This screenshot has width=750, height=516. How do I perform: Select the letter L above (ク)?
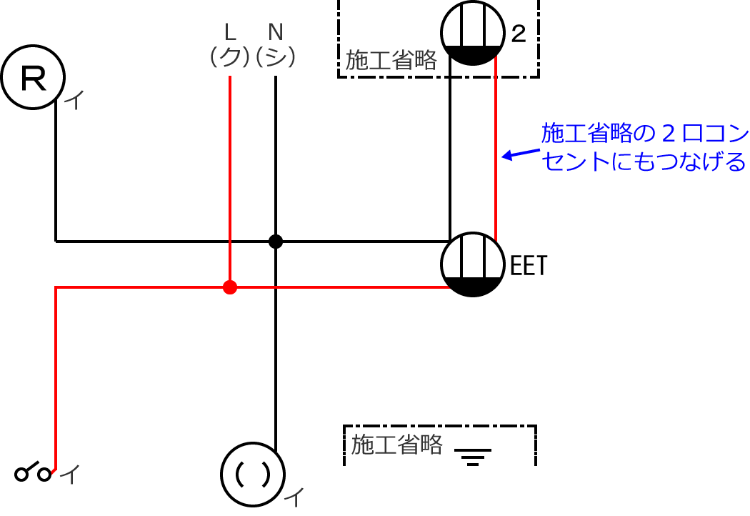230,31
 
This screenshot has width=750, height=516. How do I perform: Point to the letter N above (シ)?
275,31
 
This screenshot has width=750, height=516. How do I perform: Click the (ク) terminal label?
229,57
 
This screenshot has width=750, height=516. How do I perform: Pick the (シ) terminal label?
275,57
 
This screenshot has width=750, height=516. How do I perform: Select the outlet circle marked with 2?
471,32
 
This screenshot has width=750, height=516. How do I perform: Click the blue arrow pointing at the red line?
520,154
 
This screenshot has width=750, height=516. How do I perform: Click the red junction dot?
229,287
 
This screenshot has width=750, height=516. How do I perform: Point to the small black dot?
276,242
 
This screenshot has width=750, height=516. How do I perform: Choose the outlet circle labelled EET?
471,264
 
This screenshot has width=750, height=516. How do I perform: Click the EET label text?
529,267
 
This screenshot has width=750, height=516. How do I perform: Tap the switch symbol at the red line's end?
34,473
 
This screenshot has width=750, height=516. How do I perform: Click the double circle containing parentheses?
254,474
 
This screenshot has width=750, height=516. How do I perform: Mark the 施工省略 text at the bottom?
397,445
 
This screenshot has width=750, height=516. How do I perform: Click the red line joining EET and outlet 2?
496,150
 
